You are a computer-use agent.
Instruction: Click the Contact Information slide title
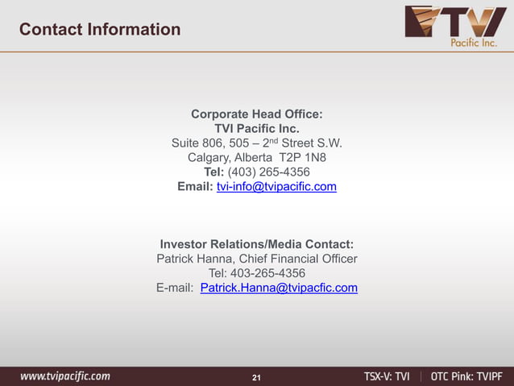pos(100,30)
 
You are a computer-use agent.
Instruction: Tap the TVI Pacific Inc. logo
pos(455,27)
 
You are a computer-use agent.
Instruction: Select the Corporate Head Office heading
pos(257,114)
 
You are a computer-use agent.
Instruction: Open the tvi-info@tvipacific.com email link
pos(276,187)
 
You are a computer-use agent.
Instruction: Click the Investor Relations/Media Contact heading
pos(257,244)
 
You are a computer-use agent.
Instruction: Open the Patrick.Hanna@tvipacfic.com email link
pos(279,288)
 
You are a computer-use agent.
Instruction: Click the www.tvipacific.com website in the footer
pos(65,376)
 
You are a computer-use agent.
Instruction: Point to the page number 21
pos(257,377)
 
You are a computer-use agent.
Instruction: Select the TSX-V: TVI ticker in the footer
pos(387,376)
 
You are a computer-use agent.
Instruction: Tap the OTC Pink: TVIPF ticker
pos(466,376)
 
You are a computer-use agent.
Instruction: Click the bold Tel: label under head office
pos(214,172)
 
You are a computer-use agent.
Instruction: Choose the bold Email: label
pos(195,187)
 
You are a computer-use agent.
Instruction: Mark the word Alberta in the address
pos(255,158)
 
